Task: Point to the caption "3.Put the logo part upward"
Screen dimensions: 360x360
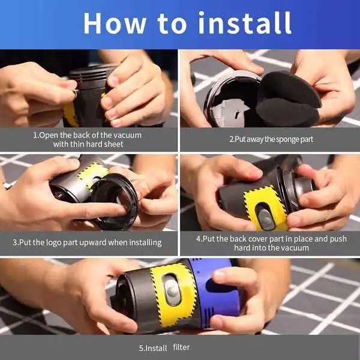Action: tap(88, 242)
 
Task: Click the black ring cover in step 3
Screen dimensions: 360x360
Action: tap(114, 201)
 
